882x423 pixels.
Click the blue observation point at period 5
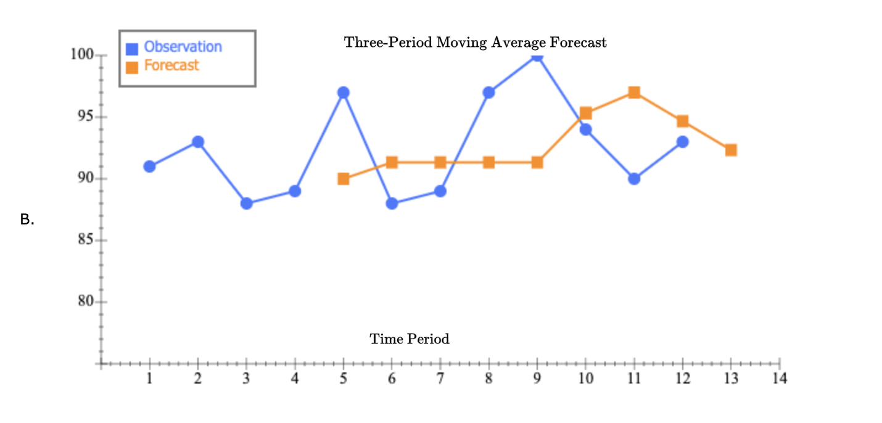point(344,92)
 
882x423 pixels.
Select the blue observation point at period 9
point(537,55)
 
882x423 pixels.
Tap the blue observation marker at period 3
point(247,203)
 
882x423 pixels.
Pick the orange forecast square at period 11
point(634,92)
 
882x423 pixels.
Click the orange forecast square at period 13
point(731,150)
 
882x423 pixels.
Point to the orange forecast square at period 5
point(344,179)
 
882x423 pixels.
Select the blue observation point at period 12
point(682,142)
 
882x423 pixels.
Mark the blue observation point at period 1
point(149,166)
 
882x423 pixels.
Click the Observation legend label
point(183,47)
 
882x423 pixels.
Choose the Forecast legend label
point(171,65)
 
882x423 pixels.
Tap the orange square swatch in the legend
point(132,67)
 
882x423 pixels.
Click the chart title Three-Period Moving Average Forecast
point(475,43)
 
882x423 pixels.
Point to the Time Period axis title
point(410,339)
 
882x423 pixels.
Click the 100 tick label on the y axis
point(82,55)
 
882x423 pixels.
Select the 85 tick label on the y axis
point(86,240)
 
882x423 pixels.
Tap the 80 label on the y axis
point(86,302)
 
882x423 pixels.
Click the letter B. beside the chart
point(26,220)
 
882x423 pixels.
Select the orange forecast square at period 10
point(586,113)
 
